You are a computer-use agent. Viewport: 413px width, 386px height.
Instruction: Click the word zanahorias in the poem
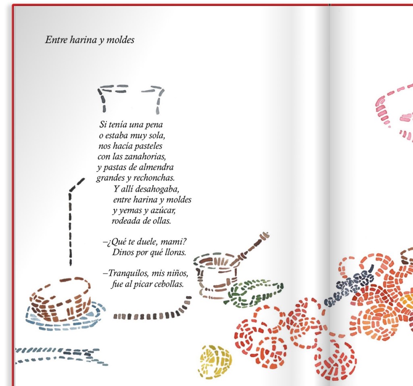145,156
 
